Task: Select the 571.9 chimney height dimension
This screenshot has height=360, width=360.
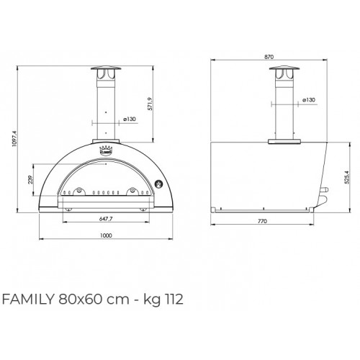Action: point(168,102)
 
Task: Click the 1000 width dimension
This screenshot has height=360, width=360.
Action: point(105,235)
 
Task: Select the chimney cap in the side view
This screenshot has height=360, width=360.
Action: point(282,71)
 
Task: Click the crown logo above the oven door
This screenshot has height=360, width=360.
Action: point(105,151)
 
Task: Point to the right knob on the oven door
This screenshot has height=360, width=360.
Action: point(132,192)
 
